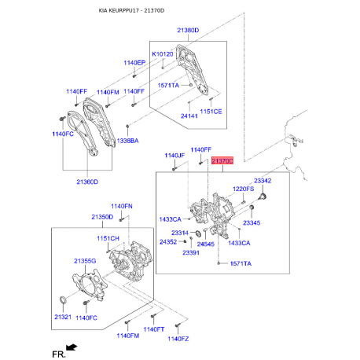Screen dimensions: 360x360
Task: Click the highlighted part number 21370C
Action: pos(222,160)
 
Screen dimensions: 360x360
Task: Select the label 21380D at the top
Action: pos(188,30)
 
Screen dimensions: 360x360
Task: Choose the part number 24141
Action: pos(189,116)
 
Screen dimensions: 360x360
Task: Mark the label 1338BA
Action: pos(127,141)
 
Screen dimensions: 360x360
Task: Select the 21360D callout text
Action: pos(87,182)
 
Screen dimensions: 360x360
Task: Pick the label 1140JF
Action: pos(174,156)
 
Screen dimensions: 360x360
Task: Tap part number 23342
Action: pos(263,182)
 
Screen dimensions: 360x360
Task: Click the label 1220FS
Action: pos(244,189)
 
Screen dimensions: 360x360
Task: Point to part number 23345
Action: pos(252,223)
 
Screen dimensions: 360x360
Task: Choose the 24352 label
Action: pos(168,242)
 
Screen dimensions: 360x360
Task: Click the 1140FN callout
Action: pos(122,206)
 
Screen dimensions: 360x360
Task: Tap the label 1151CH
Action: pos(108,238)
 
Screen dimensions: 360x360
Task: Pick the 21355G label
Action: pos(85,260)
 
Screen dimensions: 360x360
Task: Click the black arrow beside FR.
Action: pos(72,347)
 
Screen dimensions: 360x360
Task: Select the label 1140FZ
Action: pos(179,337)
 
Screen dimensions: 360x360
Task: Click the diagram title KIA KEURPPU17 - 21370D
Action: pos(180,11)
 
